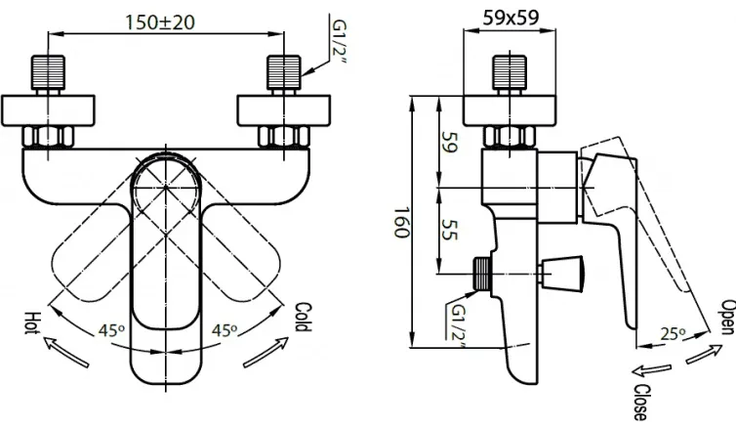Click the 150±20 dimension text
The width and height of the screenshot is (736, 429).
point(159,22)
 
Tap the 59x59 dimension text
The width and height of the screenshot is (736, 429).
point(511,18)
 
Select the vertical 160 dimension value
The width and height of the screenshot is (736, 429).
point(401,222)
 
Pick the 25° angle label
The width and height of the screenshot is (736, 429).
point(674,333)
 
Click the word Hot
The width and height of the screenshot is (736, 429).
point(32,322)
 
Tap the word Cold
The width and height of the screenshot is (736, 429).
point(303,318)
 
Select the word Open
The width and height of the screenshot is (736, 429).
point(728,318)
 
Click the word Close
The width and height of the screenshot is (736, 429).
point(641,403)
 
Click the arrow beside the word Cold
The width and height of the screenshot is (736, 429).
point(266,353)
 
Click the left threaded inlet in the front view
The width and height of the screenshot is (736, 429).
point(49,73)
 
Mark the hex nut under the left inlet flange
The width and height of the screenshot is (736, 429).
point(48,137)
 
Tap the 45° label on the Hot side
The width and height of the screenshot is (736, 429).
point(111,331)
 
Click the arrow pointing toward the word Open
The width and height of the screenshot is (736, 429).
point(704,354)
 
